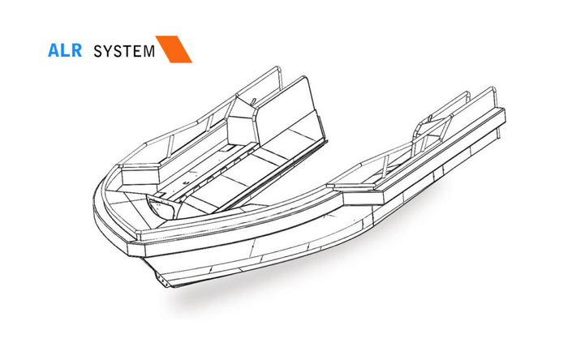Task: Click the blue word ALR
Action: pyautogui.click(x=64, y=49)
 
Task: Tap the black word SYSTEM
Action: pyautogui.click(x=124, y=50)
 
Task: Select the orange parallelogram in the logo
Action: pyautogui.click(x=174, y=49)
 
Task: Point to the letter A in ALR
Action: pyautogui.click(x=54, y=49)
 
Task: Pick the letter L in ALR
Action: pyautogui.click(x=64, y=49)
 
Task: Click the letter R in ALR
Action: pyautogui.click(x=75, y=49)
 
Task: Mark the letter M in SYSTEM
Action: pyautogui.click(x=148, y=50)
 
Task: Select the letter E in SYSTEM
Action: pyautogui.click(x=138, y=50)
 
